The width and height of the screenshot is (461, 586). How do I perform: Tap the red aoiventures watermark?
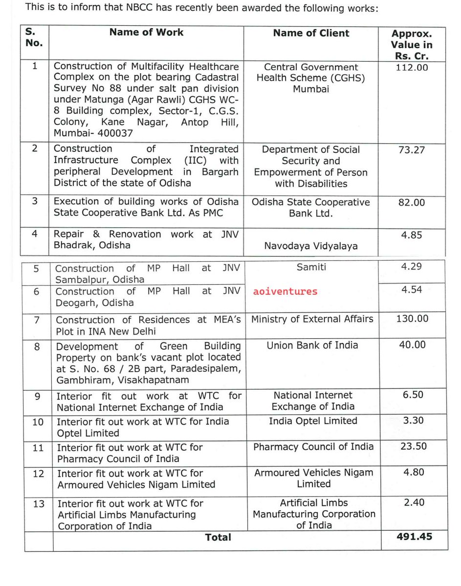[x=285, y=292]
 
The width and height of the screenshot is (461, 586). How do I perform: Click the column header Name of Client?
[x=311, y=33]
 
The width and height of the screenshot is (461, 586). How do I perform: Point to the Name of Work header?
[x=146, y=32]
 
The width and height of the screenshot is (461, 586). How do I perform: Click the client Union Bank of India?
[x=312, y=345]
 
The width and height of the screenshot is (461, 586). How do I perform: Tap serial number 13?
[x=38, y=503]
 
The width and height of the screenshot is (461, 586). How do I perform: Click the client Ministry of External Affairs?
[x=312, y=319]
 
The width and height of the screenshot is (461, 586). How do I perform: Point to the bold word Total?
[x=218, y=537]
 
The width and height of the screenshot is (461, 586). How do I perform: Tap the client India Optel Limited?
[x=313, y=420]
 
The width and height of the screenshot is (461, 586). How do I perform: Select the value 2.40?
[x=413, y=502]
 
